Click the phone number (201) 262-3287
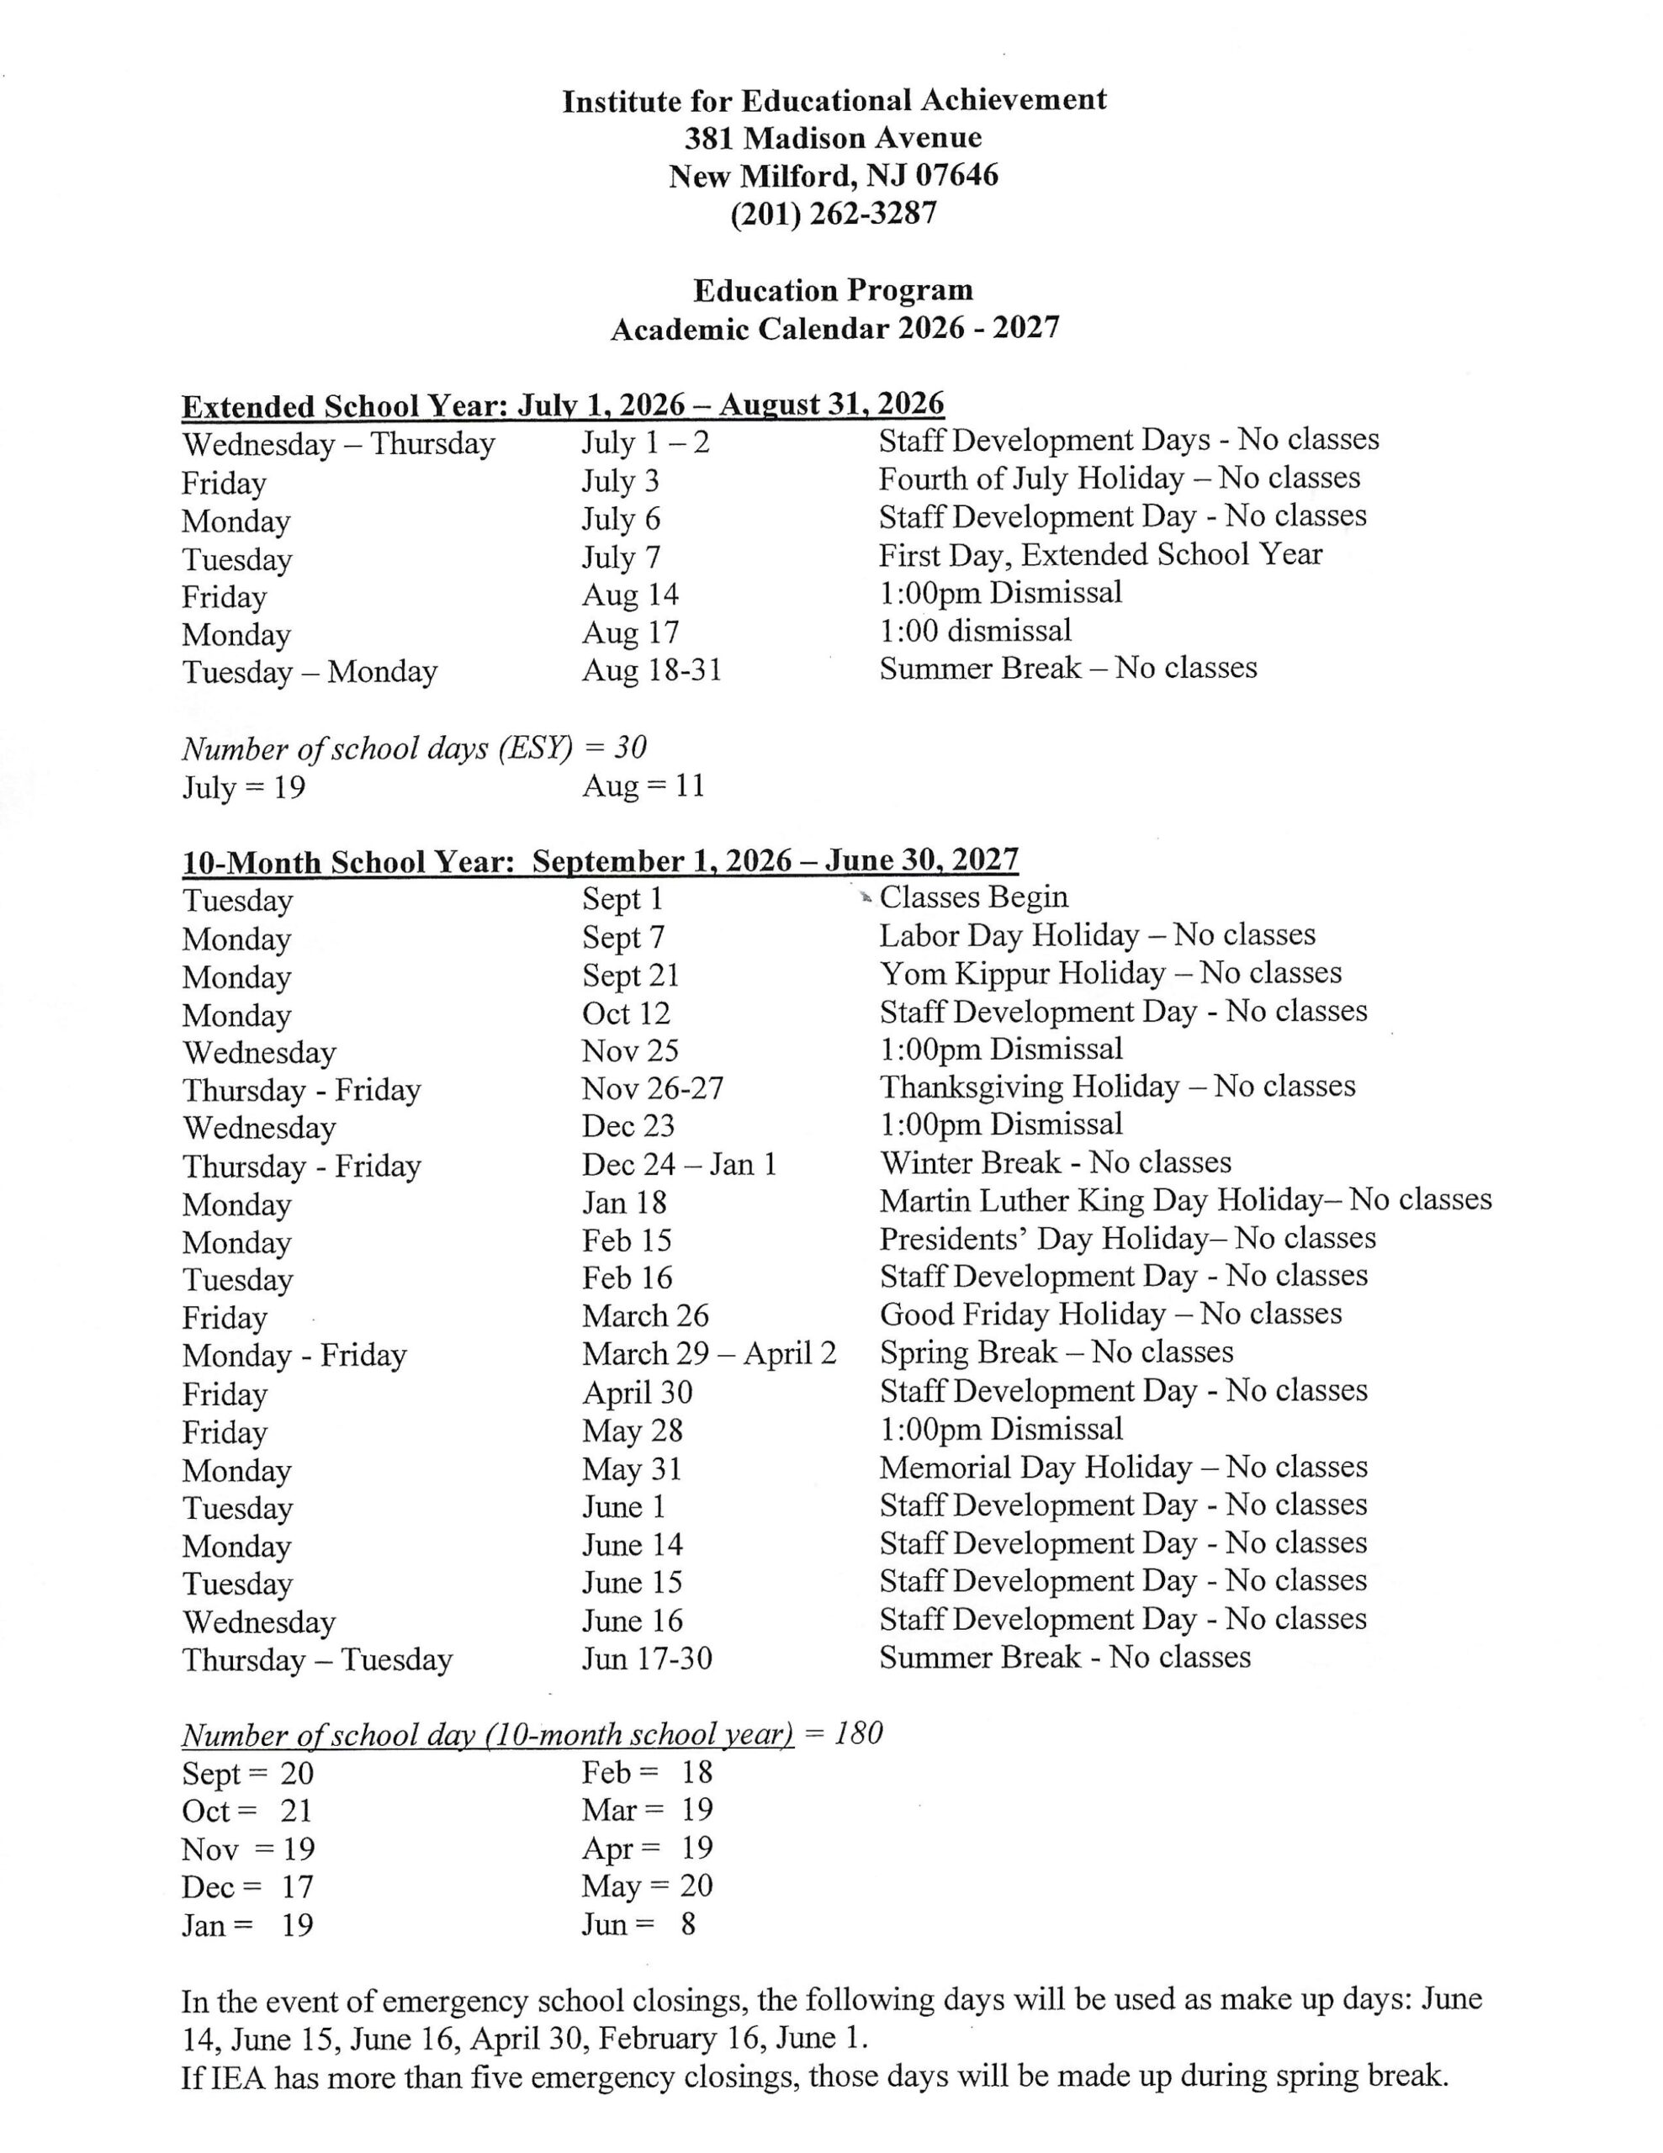click(x=833, y=214)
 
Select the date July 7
click(x=620, y=558)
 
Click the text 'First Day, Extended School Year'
click(x=1100, y=555)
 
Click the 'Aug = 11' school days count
click(x=643, y=786)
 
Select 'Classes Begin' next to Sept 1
click(x=973, y=897)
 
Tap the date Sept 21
click(x=630, y=975)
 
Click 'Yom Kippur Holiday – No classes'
click(x=1110, y=973)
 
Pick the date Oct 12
click(x=625, y=1013)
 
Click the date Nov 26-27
click(x=652, y=1088)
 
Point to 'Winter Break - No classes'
click(x=1055, y=1163)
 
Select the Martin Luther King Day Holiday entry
click(x=1185, y=1201)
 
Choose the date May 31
click(x=632, y=1469)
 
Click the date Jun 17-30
click(x=646, y=1658)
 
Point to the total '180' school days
click(x=858, y=1733)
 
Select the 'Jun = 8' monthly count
click(x=638, y=1923)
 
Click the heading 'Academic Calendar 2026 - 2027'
click(x=834, y=328)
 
